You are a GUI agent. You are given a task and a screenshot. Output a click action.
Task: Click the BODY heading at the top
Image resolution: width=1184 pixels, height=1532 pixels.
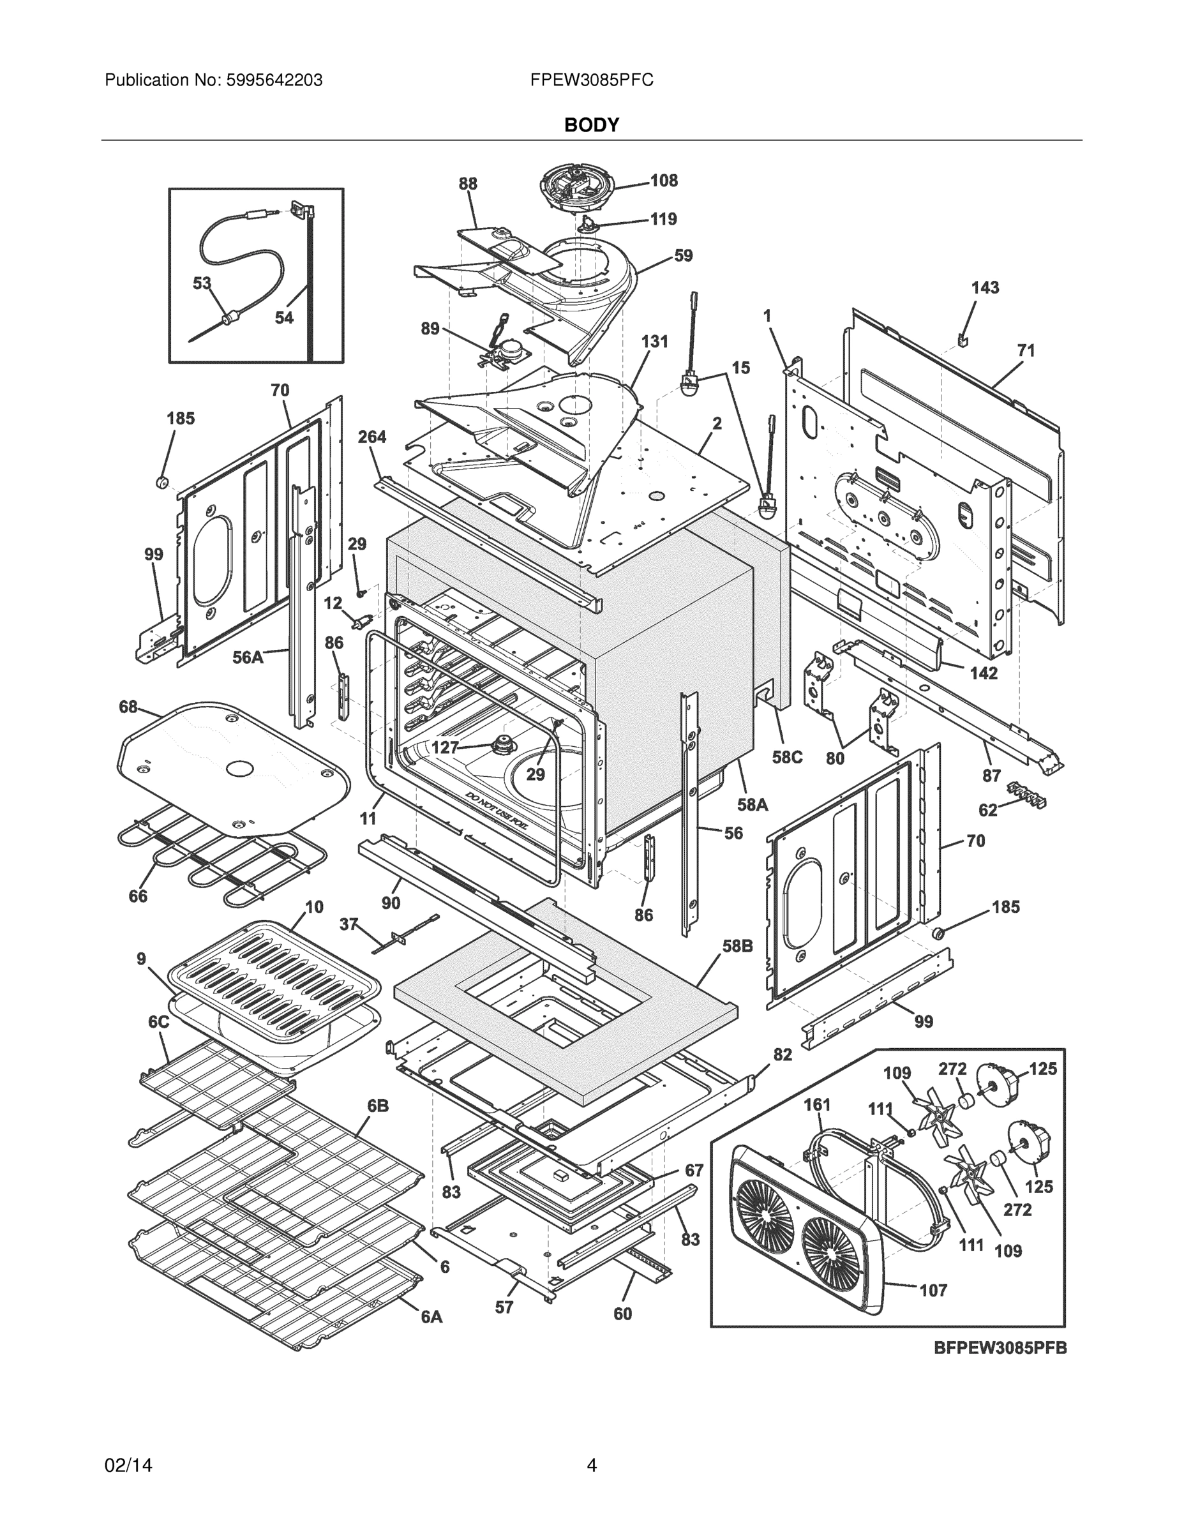(591, 125)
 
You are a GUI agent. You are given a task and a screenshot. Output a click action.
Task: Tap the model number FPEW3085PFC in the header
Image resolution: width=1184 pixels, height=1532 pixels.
(591, 80)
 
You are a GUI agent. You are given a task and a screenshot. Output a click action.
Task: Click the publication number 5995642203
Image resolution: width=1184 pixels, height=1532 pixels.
(274, 80)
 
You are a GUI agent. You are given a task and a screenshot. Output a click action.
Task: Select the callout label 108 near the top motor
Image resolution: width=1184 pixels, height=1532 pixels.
(664, 180)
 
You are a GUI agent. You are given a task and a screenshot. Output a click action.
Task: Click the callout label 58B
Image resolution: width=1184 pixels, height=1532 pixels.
(737, 945)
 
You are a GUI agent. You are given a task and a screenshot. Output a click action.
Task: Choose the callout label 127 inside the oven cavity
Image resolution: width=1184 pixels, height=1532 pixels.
(446, 747)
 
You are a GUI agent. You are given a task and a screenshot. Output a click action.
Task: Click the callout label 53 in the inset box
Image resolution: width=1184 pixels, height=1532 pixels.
(202, 283)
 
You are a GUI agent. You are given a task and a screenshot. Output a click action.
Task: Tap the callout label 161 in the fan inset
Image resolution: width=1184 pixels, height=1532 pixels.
(816, 1105)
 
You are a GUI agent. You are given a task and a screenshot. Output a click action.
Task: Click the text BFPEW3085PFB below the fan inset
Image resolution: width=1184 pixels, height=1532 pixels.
(1000, 1348)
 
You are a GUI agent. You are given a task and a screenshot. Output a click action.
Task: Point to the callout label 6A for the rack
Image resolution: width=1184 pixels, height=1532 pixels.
(431, 1317)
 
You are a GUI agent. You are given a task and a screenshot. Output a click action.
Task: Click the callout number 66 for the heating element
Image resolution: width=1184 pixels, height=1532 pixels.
(138, 896)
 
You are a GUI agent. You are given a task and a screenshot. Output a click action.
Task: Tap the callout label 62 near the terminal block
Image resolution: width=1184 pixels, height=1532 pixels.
(987, 810)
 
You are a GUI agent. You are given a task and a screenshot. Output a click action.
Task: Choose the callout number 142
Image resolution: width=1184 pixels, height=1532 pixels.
(983, 673)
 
